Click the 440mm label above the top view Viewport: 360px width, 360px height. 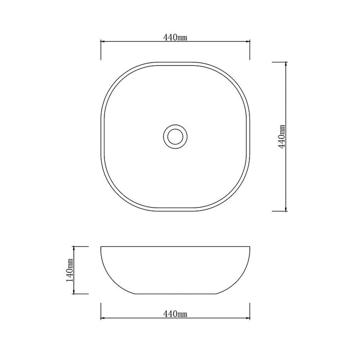175,37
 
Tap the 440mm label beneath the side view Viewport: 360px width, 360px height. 175,314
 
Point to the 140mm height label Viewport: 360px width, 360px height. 70,271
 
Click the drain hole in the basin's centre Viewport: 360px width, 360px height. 175,136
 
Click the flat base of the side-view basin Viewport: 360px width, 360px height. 175,294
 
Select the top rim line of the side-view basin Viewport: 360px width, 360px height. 175,246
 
